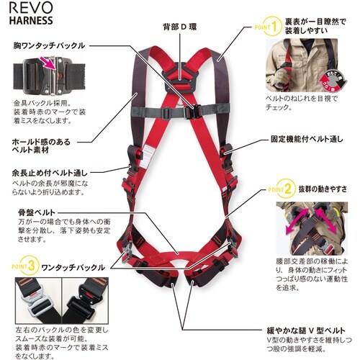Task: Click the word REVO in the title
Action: [x=24, y=9]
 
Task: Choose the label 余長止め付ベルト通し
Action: [x=50, y=173]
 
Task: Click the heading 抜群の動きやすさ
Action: [x=324, y=190]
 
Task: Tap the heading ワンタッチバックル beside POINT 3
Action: [x=72, y=264]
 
